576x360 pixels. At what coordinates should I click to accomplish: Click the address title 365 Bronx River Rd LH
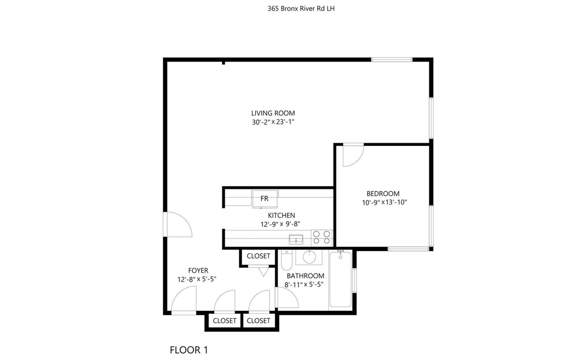(301, 9)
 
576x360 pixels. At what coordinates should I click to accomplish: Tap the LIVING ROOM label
(273, 113)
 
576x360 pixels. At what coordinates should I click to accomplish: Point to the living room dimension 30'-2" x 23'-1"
(273, 122)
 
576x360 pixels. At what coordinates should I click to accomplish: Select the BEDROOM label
(383, 193)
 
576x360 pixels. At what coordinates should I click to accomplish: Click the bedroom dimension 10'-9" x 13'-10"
(384, 202)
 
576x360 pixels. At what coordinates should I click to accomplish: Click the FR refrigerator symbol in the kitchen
(265, 199)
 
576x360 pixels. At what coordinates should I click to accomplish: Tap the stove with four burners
(321, 238)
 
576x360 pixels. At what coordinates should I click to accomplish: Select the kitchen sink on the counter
(296, 239)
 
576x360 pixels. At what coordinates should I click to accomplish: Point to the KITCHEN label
(282, 215)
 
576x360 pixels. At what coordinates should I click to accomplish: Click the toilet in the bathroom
(287, 260)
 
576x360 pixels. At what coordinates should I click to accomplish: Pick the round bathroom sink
(309, 257)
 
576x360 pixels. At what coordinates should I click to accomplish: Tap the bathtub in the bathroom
(341, 280)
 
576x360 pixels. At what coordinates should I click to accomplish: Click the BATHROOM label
(306, 276)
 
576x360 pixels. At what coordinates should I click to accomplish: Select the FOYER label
(198, 271)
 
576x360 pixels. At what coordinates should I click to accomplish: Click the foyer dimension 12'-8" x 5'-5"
(197, 279)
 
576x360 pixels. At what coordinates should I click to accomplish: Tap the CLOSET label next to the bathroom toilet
(258, 256)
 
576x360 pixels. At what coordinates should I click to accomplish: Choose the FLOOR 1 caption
(189, 350)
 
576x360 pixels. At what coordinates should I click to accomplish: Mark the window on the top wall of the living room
(392, 60)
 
